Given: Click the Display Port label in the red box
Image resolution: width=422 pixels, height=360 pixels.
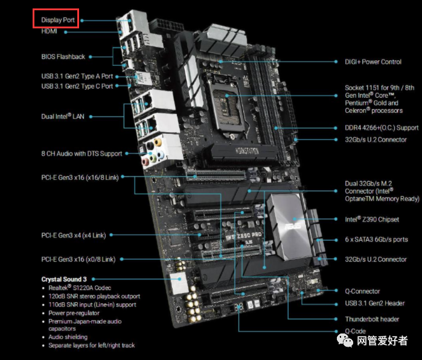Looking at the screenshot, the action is tap(57, 20).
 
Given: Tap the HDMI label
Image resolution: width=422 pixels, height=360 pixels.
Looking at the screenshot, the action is tap(50, 31).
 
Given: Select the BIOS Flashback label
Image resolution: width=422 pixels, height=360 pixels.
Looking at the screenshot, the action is tap(63, 57).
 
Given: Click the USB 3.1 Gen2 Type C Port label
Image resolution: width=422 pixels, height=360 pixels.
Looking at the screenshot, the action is tap(77, 86).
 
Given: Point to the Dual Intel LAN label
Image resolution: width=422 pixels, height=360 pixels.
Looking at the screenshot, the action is tap(63, 116).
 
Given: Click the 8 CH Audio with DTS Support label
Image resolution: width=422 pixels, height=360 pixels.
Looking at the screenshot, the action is tap(82, 154).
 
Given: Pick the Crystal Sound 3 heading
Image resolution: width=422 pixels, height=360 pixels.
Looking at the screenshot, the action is tap(64, 279).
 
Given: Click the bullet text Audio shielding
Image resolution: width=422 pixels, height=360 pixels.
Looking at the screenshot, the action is tap(68, 337).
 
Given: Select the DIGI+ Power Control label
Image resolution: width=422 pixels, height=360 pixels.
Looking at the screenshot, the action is tap(373, 62).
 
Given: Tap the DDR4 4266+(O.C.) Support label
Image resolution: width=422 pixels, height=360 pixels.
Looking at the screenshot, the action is tap(382, 128).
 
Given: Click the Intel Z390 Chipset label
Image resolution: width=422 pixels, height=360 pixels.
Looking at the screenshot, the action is tap(372, 219).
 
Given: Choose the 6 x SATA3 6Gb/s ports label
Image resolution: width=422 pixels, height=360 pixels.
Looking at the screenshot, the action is tap(376, 239).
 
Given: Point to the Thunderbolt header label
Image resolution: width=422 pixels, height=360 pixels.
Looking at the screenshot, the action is tap(372, 319).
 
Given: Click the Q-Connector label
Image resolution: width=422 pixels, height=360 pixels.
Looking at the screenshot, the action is tap(362, 291).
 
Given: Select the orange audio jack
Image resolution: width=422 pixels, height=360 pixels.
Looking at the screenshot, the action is tap(158, 142).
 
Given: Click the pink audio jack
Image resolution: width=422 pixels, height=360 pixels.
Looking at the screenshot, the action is tap(145, 162).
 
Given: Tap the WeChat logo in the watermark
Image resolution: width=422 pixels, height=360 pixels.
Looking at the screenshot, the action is tap(345, 340).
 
